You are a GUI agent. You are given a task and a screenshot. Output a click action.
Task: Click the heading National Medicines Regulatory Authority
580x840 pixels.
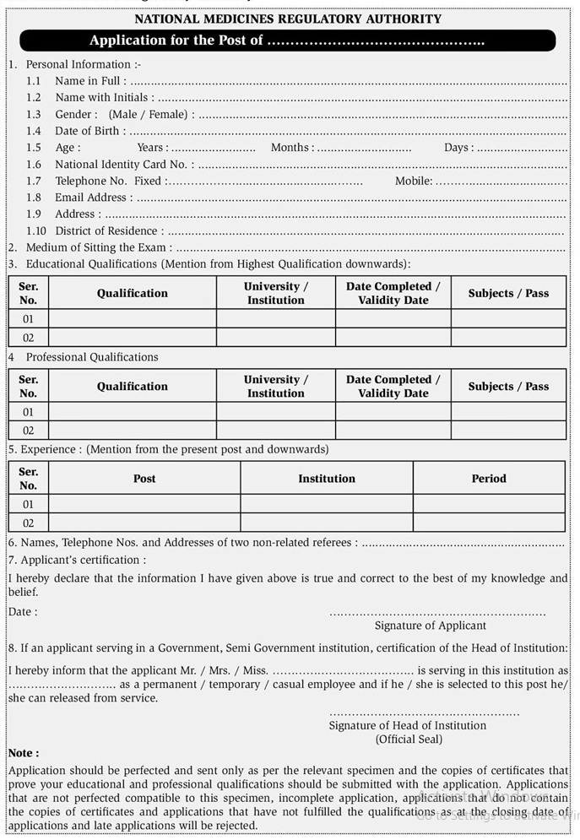point(288,19)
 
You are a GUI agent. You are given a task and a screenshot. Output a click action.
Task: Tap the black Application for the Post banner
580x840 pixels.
point(287,41)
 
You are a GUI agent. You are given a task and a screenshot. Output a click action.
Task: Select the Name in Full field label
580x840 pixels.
point(90,81)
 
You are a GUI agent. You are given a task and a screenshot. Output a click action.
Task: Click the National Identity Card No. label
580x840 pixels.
point(124,165)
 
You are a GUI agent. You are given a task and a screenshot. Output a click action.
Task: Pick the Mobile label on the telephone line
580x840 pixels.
point(414,181)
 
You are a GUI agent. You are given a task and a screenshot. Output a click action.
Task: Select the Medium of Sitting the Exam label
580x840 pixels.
point(99,247)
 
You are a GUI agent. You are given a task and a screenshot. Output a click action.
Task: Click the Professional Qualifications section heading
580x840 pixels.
point(92,357)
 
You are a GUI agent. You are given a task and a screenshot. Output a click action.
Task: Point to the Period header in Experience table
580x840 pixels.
point(489,479)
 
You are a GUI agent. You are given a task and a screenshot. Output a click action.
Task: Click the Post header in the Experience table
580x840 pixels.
point(144,479)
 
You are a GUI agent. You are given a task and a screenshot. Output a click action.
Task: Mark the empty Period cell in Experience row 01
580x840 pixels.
point(489,504)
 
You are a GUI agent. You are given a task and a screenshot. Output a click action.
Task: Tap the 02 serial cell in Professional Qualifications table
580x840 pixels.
point(29,431)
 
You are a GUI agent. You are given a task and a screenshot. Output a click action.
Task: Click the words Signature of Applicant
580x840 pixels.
point(431,626)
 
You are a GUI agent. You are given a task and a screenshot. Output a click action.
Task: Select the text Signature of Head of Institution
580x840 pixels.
point(408,725)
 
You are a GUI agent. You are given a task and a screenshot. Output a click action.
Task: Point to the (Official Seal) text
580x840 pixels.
point(409,740)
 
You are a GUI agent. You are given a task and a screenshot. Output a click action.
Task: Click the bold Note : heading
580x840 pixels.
point(24,753)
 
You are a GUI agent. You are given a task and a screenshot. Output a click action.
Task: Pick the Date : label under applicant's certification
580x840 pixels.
point(23,612)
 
